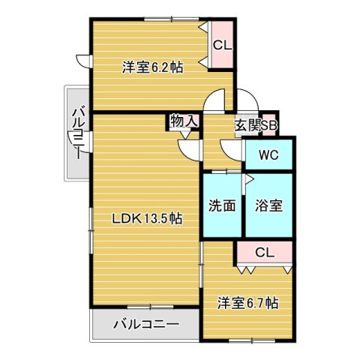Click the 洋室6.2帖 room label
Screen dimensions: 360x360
(x=154, y=67)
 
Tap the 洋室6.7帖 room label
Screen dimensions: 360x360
(x=248, y=303)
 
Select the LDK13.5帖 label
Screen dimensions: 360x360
(x=148, y=219)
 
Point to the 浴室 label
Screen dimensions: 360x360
(x=268, y=205)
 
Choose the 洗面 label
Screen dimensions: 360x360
(x=223, y=205)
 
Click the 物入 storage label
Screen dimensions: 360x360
(x=184, y=121)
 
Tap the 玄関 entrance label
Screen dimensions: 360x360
(x=247, y=125)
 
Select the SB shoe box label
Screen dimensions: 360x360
(x=269, y=125)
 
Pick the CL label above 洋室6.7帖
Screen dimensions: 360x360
(x=264, y=252)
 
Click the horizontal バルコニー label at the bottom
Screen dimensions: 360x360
(x=146, y=325)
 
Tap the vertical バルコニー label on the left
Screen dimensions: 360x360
(x=77, y=133)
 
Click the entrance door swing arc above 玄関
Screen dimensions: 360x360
(x=246, y=100)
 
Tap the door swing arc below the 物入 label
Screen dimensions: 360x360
(x=190, y=147)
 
